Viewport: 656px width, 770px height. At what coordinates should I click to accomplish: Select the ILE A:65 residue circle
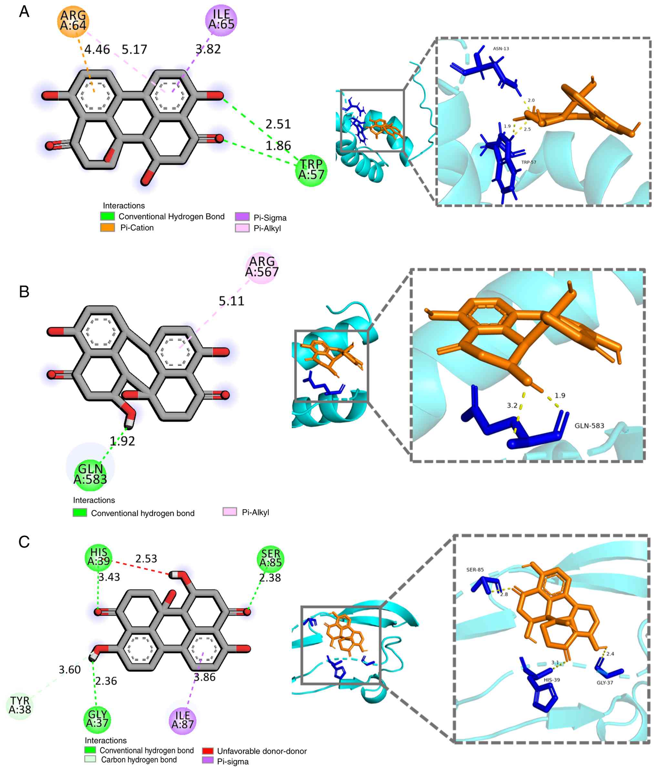click(221, 20)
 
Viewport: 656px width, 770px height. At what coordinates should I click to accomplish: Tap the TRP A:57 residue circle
click(311, 170)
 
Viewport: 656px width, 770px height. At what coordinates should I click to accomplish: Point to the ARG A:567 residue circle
click(262, 267)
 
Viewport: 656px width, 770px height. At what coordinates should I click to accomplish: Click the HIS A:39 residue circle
click(99, 557)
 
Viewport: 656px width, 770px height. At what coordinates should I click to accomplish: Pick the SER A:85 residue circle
click(271, 558)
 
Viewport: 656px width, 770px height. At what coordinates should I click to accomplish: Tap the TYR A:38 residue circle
click(20, 706)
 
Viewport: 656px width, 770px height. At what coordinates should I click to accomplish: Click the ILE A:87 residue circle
click(182, 721)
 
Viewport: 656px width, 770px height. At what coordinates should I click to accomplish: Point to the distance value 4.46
click(97, 49)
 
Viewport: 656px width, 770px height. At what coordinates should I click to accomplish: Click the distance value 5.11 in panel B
click(231, 301)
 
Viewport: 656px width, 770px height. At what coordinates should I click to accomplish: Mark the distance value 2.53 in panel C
click(146, 558)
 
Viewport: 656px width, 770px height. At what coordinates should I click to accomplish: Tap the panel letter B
click(24, 292)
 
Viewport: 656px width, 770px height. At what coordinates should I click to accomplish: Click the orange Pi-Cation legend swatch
click(108, 227)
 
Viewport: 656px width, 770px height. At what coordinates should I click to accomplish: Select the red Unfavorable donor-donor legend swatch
click(208, 751)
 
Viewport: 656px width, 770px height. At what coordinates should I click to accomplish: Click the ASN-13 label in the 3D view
click(501, 49)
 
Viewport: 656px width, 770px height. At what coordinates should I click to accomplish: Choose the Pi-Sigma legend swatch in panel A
click(242, 217)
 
